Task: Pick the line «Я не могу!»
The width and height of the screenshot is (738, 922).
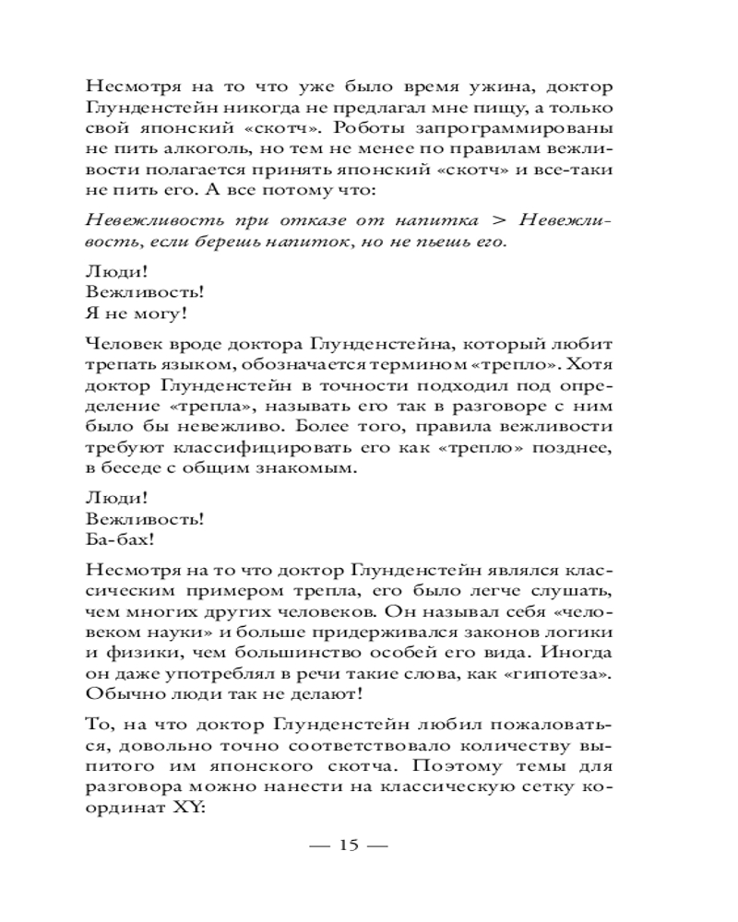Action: [136, 313]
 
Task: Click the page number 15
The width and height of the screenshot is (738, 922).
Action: [348, 845]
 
